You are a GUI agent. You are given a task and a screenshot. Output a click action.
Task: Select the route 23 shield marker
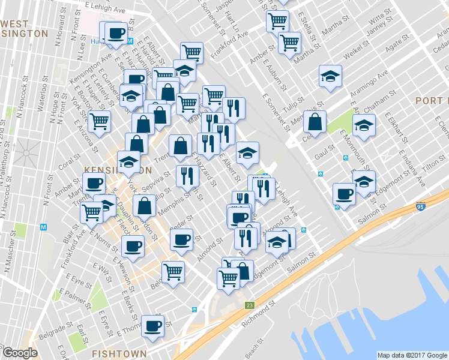tap(249, 305)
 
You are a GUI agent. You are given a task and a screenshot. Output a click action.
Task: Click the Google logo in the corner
tap(20, 353)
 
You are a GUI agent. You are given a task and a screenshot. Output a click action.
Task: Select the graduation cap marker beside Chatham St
tap(364, 126)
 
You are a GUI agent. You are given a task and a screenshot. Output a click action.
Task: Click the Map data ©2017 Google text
tap(411, 355)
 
